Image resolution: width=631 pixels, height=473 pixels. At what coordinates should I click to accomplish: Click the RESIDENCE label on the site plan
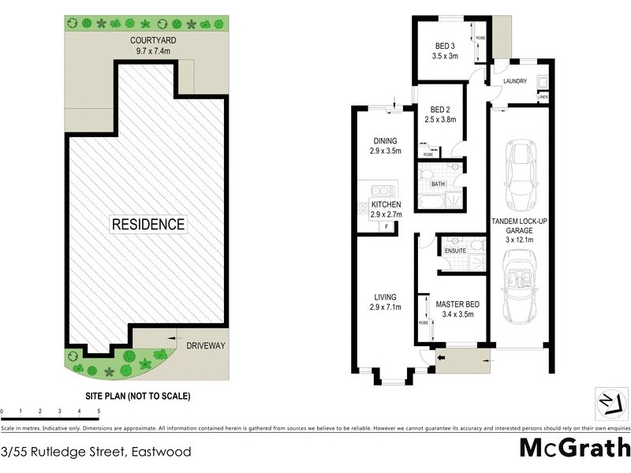(148, 224)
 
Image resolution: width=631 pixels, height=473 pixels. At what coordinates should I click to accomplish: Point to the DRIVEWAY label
(206, 345)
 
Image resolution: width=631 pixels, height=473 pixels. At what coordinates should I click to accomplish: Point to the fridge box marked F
(387, 227)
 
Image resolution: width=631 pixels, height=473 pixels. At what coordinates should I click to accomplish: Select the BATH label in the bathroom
(439, 184)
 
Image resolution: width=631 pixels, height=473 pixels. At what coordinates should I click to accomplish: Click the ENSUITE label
(456, 251)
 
